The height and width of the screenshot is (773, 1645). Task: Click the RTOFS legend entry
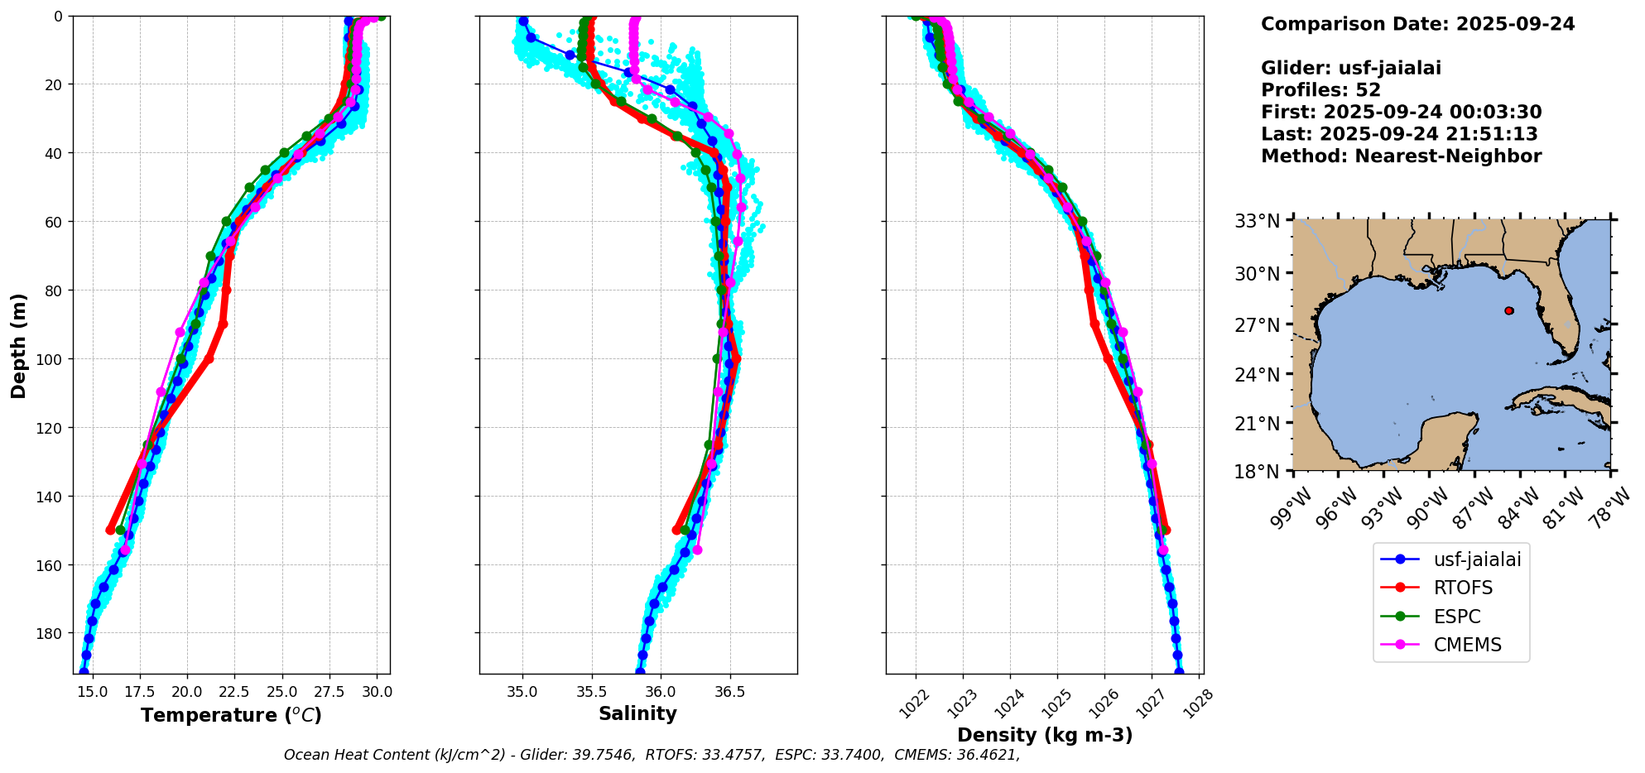click(x=1463, y=588)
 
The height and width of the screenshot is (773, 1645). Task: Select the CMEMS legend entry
click(x=1467, y=645)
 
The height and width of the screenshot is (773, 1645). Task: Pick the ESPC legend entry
click(x=1456, y=617)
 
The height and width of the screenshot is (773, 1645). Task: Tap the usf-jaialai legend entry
click(x=1477, y=559)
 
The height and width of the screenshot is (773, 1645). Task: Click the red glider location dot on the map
click(x=1508, y=310)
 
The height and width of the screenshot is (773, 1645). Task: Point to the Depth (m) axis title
click(x=18, y=345)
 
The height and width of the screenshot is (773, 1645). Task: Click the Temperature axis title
click(x=231, y=715)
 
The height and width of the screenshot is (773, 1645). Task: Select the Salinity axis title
click(x=637, y=713)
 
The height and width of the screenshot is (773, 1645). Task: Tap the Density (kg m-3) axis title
click(x=1045, y=735)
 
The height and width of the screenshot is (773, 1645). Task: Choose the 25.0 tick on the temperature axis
click(x=281, y=691)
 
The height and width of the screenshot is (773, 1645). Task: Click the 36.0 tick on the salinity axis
click(x=660, y=691)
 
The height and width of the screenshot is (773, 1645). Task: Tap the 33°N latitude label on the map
click(x=1257, y=221)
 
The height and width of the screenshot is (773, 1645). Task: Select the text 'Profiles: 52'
click(x=1320, y=90)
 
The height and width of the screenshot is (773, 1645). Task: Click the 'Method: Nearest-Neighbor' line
click(x=1401, y=156)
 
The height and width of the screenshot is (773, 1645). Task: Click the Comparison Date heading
click(x=1417, y=24)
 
